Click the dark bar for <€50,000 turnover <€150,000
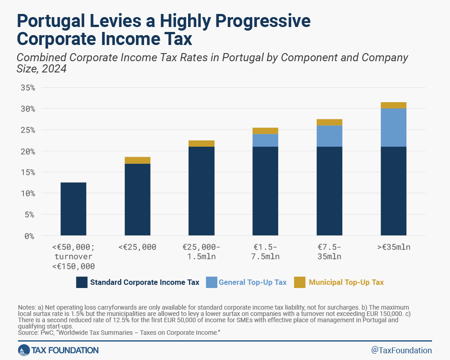(73, 209)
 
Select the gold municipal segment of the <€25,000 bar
(137, 160)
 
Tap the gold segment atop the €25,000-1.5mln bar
(201, 144)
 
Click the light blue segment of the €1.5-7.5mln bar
(265, 140)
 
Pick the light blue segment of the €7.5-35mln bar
(329, 136)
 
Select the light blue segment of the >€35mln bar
(393, 128)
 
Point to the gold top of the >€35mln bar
(393, 105)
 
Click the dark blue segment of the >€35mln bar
(393, 191)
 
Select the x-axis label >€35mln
(393, 247)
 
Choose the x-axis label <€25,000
(137, 247)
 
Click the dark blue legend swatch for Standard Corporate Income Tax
(81, 283)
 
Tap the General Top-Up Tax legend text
(252, 283)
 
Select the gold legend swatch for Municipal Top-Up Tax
(300, 283)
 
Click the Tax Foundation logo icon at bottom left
(24, 350)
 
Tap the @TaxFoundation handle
(401, 350)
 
